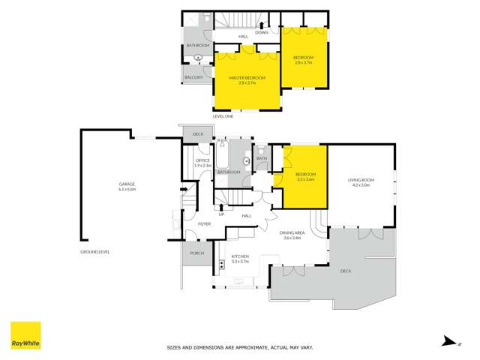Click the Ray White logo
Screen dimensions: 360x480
tap(25, 336)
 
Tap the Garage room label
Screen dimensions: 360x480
tap(126, 184)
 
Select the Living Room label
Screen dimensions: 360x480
tap(360, 180)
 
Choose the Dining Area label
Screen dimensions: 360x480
tap(290, 233)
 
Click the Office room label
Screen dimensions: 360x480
tap(202, 160)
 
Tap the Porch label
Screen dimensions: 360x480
tap(197, 253)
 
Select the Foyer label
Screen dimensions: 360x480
tap(203, 224)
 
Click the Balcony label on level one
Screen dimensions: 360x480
tap(193, 76)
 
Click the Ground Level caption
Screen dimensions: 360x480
tap(95, 252)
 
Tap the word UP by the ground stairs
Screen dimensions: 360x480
tap(221, 216)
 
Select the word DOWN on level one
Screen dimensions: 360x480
tap(261, 32)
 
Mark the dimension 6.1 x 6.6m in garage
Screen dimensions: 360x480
tap(126, 190)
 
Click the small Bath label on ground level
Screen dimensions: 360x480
tap(262, 158)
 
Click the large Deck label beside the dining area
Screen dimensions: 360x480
tap(346, 271)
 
